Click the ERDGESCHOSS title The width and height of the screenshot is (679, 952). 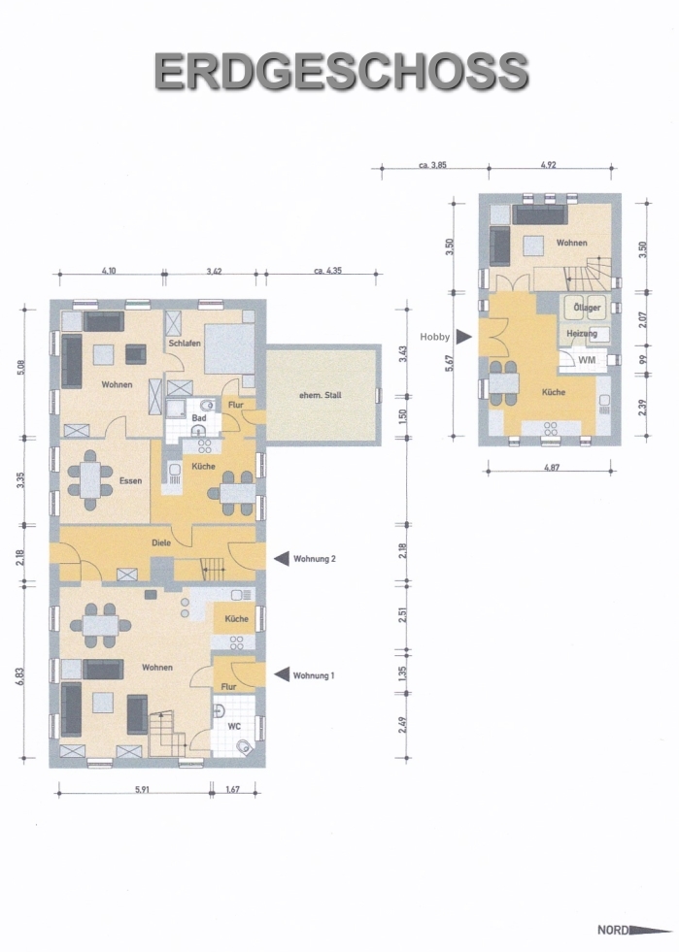tap(341, 72)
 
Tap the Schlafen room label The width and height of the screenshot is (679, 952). tap(185, 343)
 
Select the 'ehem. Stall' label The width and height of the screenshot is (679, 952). tap(321, 395)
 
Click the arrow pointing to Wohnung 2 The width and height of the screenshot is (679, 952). tap(282, 559)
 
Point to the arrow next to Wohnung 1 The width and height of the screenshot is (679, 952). tap(282, 674)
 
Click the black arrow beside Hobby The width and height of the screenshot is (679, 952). tap(464, 337)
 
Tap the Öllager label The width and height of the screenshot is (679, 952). tap(588, 308)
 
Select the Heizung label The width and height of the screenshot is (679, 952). tap(582, 333)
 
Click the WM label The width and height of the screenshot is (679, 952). tap(587, 360)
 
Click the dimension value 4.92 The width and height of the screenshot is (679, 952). tap(548, 165)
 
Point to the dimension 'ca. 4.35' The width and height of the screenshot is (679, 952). tap(327, 271)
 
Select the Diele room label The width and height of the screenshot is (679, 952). tap(161, 542)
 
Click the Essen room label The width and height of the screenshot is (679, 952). tap(130, 481)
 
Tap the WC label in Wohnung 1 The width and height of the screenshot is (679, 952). tap(235, 726)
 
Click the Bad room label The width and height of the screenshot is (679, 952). tap(199, 418)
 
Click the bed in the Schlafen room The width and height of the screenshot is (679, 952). tap(229, 348)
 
